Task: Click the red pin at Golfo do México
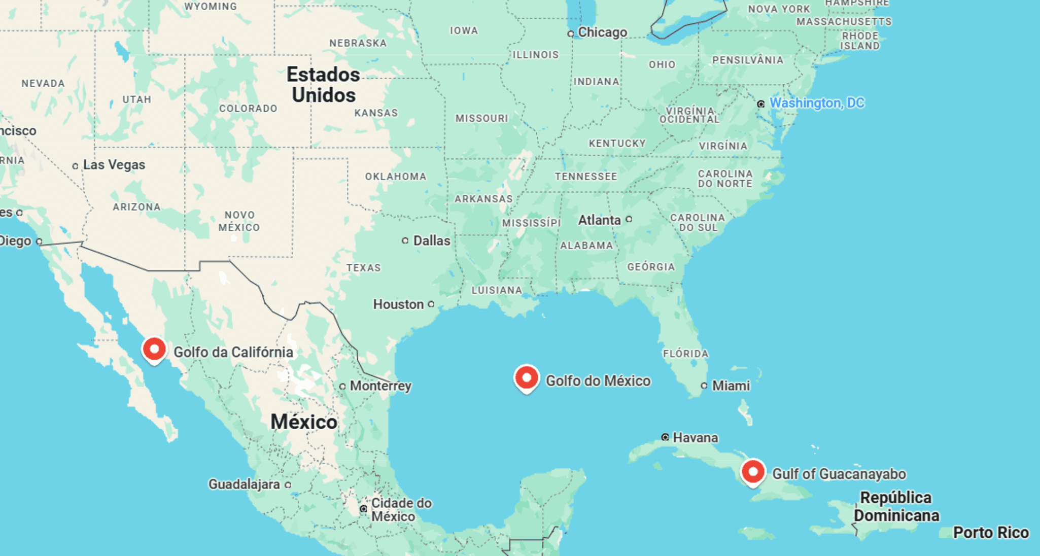point(527,378)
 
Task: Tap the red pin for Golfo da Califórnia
point(154,350)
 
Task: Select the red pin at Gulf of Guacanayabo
point(753,472)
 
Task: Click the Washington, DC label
point(817,103)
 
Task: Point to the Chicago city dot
point(571,33)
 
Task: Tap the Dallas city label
point(432,240)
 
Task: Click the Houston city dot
point(431,304)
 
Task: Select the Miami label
point(731,386)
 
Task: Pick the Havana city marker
point(665,437)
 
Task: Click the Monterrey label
point(380,386)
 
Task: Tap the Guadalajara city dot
point(288,485)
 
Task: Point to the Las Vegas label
point(114,165)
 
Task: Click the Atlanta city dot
point(629,219)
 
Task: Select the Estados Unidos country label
point(324,85)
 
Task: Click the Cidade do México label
point(401,509)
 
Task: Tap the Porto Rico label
point(991,533)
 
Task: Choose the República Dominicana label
point(896,506)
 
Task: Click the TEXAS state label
point(363,268)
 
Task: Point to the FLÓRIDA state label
point(685,354)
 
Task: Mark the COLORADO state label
point(248,109)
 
